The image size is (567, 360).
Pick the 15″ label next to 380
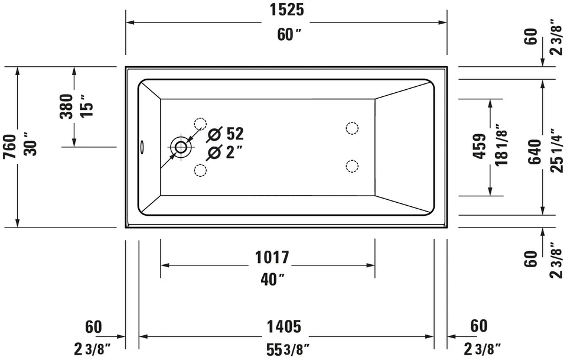pos(87,106)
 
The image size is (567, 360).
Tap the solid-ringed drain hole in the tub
pos(180,146)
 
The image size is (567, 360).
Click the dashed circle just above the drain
pos(200,124)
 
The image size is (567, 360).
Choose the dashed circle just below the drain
pos(200,171)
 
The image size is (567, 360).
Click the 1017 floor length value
pos(272,258)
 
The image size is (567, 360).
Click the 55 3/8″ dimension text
pos(288,349)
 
